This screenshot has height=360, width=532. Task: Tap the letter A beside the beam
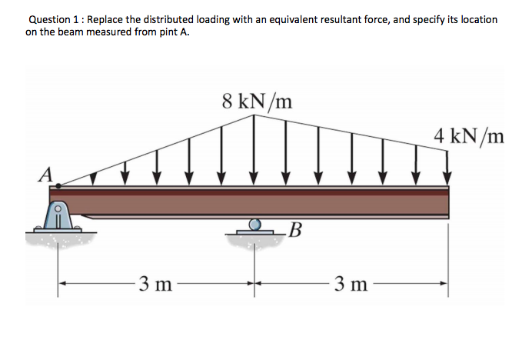click(x=45, y=175)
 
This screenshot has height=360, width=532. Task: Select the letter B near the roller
click(x=296, y=229)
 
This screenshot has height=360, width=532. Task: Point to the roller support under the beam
click(x=255, y=225)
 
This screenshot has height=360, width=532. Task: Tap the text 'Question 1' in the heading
click(x=55, y=18)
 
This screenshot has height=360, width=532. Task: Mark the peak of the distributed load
click(x=256, y=115)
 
